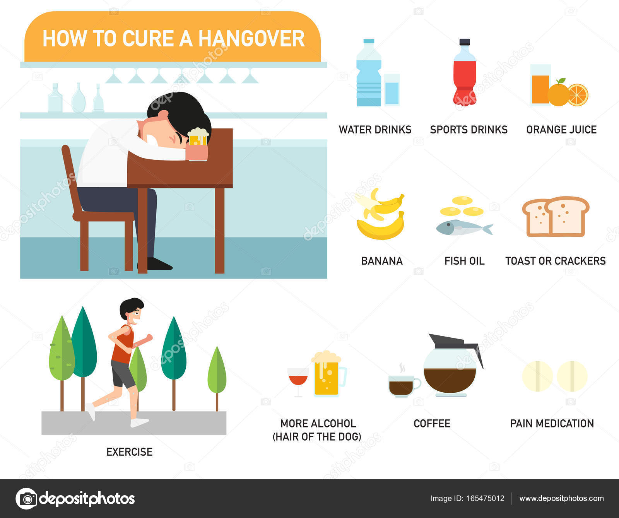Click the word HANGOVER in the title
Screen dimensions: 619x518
click(251, 39)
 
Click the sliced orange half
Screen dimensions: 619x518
click(578, 95)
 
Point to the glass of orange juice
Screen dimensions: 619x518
click(540, 85)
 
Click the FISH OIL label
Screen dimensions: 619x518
click(464, 261)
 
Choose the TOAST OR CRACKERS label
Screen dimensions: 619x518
click(556, 261)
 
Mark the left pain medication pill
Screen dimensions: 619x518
click(537, 376)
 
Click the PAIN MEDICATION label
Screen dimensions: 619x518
click(552, 424)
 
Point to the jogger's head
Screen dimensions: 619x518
click(132, 311)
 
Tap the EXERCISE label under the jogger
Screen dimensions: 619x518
click(129, 452)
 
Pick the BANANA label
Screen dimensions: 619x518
click(382, 261)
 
